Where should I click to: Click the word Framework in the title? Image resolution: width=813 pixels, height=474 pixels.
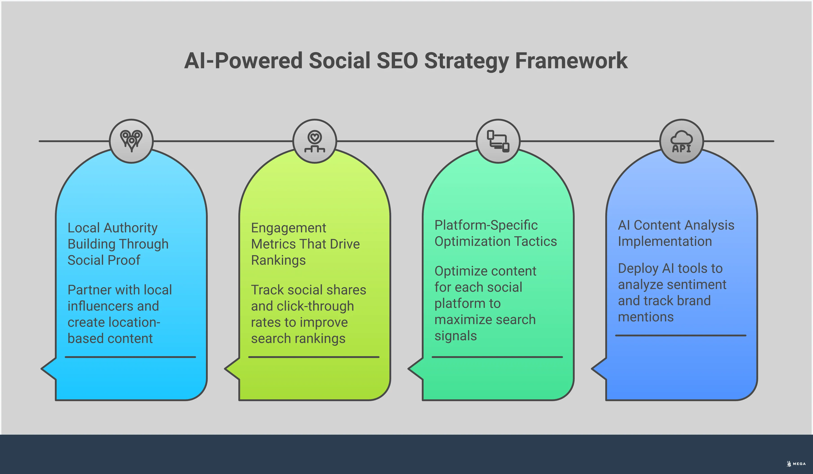click(x=571, y=61)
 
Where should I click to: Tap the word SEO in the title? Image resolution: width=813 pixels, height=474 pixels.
click(x=397, y=61)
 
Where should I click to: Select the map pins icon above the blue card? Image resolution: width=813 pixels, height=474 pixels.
click(x=131, y=141)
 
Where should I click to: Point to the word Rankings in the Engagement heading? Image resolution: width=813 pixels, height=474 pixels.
click(x=278, y=260)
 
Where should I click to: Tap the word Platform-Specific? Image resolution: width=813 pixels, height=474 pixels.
click(x=486, y=225)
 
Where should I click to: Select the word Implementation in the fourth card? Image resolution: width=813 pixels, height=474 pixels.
click(x=665, y=241)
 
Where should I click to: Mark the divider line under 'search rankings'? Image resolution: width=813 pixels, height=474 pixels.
click(x=314, y=357)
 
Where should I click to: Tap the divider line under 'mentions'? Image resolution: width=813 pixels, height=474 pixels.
click(x=681, y=335)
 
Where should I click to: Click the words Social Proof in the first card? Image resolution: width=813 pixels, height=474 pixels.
click(x=104, y=260)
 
